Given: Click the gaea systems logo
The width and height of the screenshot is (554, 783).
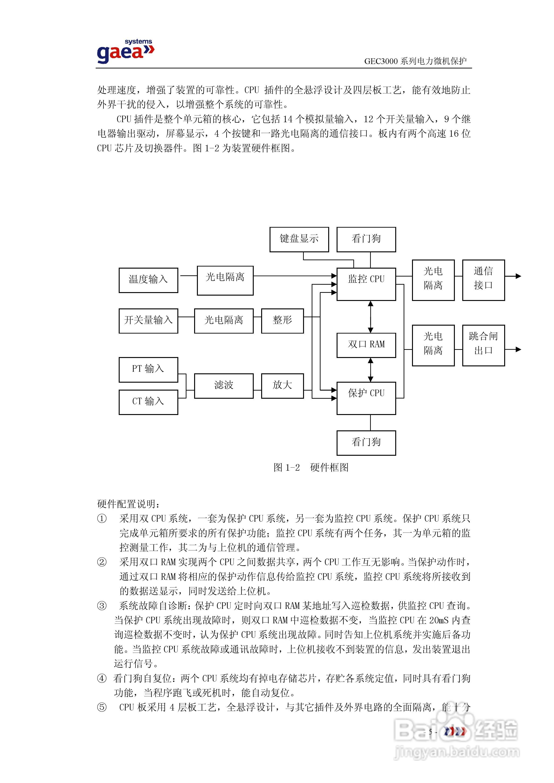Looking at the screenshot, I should click(x=125, y=51).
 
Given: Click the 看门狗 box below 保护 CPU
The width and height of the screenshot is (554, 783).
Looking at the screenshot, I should click(x=366, y=443).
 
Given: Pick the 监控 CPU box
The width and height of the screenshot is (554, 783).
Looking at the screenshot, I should click(x=366, y=284).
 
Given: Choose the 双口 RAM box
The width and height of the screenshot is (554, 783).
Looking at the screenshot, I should click(x=366, y=345).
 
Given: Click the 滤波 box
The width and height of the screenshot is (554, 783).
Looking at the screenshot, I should click(x=223, y=386).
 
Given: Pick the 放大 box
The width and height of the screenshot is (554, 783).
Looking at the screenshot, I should click(x=282, y=386).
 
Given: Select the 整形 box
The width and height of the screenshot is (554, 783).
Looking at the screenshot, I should click(x=282, y=321).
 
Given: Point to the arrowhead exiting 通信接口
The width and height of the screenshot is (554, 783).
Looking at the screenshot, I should click(x=518, y=276).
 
